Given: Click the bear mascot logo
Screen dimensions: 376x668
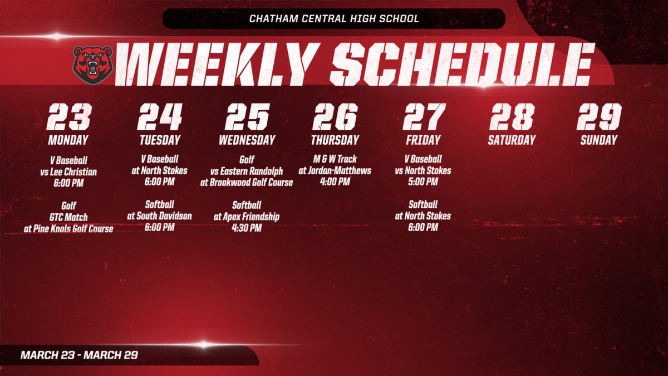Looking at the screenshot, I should pyautogui.click(x=92, y=65).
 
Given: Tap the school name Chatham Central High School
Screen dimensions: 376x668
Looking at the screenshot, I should pyautogui.click(x=334, y=19).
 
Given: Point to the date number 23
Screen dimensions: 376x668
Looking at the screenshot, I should pyautogui.click(x=68, y=117).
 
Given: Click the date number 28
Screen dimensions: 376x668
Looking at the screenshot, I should pyautogui.click(x=512, y=117).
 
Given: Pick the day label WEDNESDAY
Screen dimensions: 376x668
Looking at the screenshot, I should pyautogui.click(x=247, y=140).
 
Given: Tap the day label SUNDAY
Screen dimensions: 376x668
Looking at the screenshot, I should pyautogui.click(x=599, y=140).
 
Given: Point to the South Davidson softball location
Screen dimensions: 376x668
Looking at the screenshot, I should pyautogui.click(x=159, y=216).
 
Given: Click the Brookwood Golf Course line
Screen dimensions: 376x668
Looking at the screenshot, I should pyautogui.click(x=247, y=182).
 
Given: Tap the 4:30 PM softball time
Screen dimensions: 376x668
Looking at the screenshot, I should pyautogui.click(x=247, y=227).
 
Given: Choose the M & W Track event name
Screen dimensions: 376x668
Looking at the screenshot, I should pyautogui.click(x=335, y=159).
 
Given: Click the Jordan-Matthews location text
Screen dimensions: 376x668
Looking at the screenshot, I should pyautogui.click(x=335, y=170).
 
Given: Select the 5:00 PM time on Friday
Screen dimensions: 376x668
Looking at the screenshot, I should pyautogui.click(x=423, y=182).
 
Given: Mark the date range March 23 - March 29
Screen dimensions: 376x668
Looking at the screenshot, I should pyautogui.click(x=78, y=355).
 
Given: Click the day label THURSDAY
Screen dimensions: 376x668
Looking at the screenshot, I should pyautogui.click(x=335, y=140).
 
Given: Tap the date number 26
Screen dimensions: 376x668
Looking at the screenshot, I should pyautogui.click(x=335, y=117).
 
